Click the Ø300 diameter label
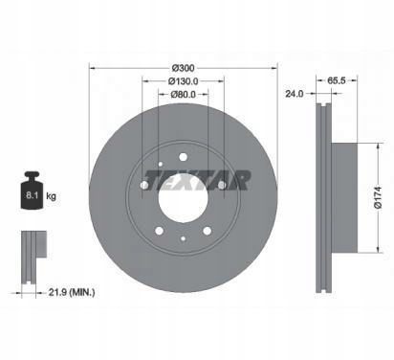[x=183, y=68]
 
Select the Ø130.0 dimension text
[x=183, y=81]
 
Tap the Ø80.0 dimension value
[x=183, y=95]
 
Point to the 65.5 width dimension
[x=337, y=80]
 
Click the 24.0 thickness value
[x=295, y=94]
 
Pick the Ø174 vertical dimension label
[x=377, y=197]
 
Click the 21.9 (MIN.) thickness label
[x=72, y=292]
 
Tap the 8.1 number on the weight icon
[x=32, y=195]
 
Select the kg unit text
[x=51, y=196]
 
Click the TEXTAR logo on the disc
[x=198, y=180]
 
